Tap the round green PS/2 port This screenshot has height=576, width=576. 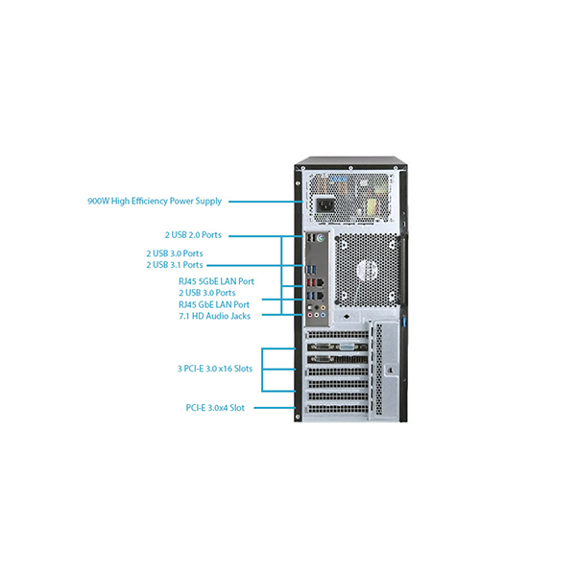pos(321,238)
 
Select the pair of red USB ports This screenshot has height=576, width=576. pos(311,283)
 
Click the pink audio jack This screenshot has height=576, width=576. pos(310,315)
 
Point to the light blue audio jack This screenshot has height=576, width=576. pos(323,315)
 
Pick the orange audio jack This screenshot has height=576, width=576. pos(323,308)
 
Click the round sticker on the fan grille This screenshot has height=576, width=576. pos(368,270)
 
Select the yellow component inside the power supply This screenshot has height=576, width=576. pos(371,207)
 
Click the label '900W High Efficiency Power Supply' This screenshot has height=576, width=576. pos(155,202)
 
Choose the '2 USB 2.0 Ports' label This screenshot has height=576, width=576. pos(193,235)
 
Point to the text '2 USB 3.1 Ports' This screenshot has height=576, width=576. pos(175,265)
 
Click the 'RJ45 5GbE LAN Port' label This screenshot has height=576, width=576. pos(216,281)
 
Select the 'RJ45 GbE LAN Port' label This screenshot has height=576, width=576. pos(214,304)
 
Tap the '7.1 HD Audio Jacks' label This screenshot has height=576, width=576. pos(214,316)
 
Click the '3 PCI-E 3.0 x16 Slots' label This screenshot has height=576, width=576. pos(215,369)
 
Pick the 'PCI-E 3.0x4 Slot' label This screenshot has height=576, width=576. pos(215,408)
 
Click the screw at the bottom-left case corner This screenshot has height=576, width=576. pos(298,417)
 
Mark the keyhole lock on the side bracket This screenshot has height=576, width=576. pos(391,370)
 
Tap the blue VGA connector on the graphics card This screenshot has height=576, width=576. pos(348,347)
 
